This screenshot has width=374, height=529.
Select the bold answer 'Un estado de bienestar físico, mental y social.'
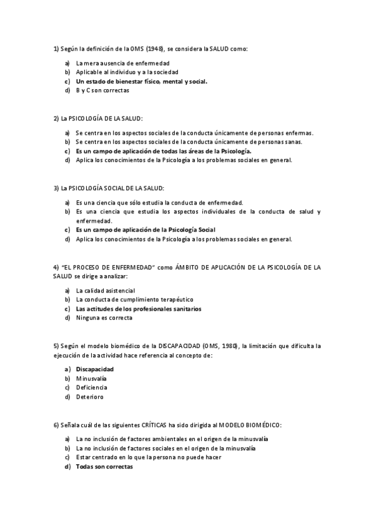click(141, 81)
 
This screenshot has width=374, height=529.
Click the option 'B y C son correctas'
click(102, 90)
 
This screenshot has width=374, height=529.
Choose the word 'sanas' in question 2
click(290, 142)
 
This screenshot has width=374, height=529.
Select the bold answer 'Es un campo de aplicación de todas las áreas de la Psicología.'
click(164, 151)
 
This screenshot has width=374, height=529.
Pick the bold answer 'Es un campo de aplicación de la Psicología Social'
click(145, 230)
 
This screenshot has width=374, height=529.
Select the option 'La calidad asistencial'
click(105, 291)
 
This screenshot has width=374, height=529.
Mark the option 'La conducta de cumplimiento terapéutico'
click(134, 299)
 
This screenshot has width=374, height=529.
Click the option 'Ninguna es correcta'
click(104, 318)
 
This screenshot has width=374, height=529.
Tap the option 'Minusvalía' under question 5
click(91, 378)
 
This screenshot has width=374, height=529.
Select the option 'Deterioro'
click(90, 396)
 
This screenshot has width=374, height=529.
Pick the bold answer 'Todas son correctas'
click(104, 466)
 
